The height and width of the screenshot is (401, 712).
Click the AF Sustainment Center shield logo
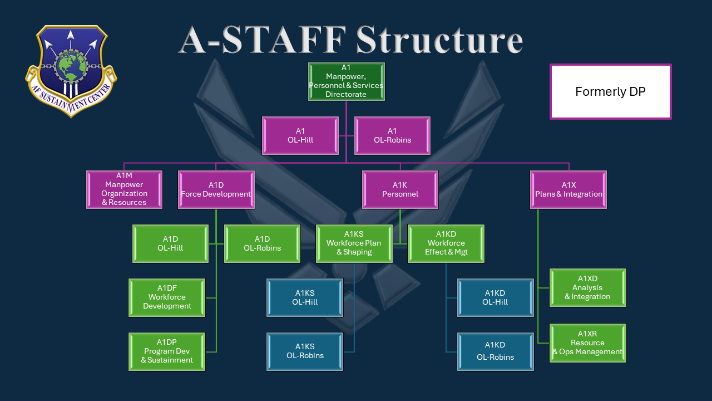pyautogui.click(x=71, y=70)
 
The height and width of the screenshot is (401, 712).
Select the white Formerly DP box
pyautogui.click(x=610, y=91)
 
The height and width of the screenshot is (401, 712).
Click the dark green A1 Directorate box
pyautogui.click(x=346, y=81)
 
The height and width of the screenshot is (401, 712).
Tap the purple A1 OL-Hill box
pyautogui.click(x=300, y=135)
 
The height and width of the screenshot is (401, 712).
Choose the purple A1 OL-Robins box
pyautogui.click(x=392, y=135)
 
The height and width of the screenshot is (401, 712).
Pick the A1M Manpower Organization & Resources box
pyautogui.click(x=124, y=189)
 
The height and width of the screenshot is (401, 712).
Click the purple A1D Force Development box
pyautogui.click(x=216, y=189)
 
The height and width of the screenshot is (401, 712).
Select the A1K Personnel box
pyautogui.click(x=400, y=189)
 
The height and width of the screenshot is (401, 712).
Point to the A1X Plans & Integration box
pyautogui.click(x=568, y=189)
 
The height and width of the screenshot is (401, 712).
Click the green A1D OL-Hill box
pyautogui.click(x=170, y=243)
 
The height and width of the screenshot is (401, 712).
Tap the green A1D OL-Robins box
pyautogui.click(x=262, y=243)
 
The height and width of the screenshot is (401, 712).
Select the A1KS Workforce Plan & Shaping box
pyautogui.click(x=354, y=243)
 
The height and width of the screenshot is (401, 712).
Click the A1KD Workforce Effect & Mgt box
pyautogui.click(x=446, y=243)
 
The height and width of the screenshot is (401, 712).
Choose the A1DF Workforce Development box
pyautogui.click(x=167, y=297)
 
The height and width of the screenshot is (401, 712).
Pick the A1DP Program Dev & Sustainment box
pyautogui.click(x=167, y=351)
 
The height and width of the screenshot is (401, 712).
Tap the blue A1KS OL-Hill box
pyautogui.click(x=305, y=297)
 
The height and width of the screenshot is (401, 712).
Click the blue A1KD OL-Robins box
pyautogui.click(x=495, y=351)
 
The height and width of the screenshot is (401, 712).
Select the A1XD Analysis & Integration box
pyautogui.click(x=587, y=287)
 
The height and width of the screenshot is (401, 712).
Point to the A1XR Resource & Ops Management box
pyautogui.click(x=587, y=343)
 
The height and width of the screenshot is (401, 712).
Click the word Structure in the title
pyautogui.click(x=439, y=40)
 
